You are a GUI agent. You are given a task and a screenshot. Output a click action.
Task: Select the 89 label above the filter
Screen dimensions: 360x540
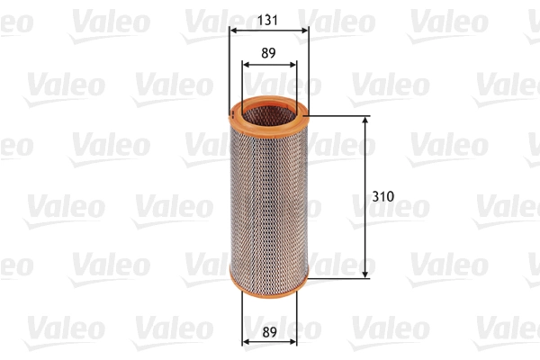point(268,52)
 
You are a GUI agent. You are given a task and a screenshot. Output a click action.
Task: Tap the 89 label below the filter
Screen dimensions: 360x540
point(268,330)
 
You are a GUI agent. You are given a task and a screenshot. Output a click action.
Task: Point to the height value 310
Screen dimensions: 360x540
point(384,195)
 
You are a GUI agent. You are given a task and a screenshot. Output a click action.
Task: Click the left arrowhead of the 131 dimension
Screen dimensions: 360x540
point(234,30)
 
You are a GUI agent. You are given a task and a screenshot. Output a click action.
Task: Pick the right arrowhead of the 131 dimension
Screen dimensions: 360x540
point(304,30)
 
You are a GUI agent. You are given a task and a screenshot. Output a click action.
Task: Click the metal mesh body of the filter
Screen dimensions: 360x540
point(268,198)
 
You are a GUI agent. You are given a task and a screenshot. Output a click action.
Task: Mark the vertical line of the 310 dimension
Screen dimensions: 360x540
point(365,234)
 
